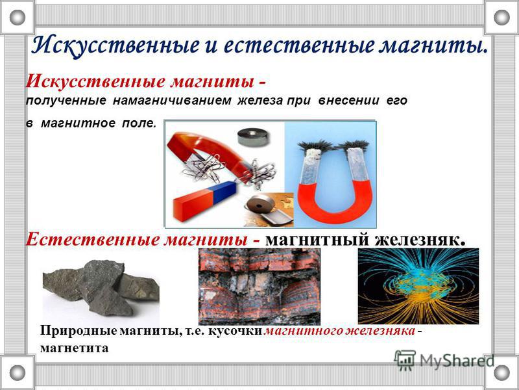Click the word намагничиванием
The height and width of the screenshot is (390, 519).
pyautogui.click(x=172, y=101)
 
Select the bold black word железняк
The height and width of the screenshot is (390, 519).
pyautogui.click(x=420, y=239)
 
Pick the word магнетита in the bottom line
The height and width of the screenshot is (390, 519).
pyautogui.click(x=74, y=348)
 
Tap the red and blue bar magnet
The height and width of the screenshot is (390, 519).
pyautogui.click(x=204, y=200)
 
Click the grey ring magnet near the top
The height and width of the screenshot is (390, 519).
pyautogui.click(x=252, y=136)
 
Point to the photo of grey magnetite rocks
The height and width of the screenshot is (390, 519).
pyautogui.click(x=101, y=288)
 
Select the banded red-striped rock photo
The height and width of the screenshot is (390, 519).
pyautogui.click(x=259, y=287)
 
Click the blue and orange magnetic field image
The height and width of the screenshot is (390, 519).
pyautogui.click(x=418, y=286)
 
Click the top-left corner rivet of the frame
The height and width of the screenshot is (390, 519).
pyautogui.click(x=18, y=18)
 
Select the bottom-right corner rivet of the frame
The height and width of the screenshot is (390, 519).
pyautogui.click(x=501, y=372)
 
